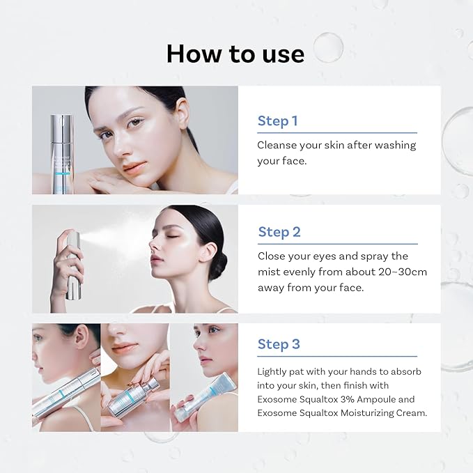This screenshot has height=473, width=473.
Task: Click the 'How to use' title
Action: (x=235, y=54)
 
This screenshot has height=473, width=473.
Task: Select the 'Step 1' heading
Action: (x=277, y=121)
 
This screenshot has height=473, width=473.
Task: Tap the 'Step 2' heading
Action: (x=279, y=232)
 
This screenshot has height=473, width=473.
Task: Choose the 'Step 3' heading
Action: (x=279, y=343)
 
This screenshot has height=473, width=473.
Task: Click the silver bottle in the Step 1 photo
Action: (x=61, y=153)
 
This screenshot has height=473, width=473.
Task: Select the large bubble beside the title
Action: (x=327, y=47)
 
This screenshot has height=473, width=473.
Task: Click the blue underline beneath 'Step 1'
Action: (x=337, y=132)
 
